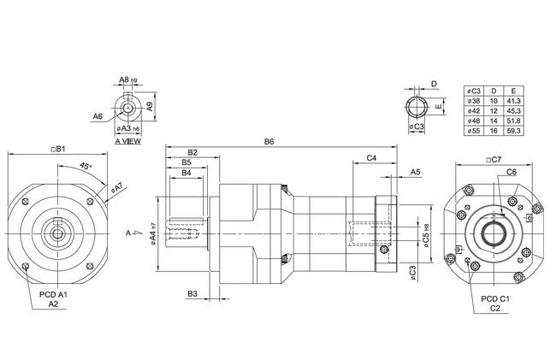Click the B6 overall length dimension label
click(x=269, y=141)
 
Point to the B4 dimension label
click(x=186, y=174)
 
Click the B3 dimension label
click(x=192, y=294)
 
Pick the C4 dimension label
click(x=372, y=159)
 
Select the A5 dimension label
click(x=415, y=172)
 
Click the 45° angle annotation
click(x=86, y=166)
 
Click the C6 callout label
click(x=511, y=172)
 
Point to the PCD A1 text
click(x=53, y=294)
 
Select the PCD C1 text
click(x=494, y=298)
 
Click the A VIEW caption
click(x=127, y=141)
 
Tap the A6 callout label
click(x=98, y=115)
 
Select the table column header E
click(x=513, y=90)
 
